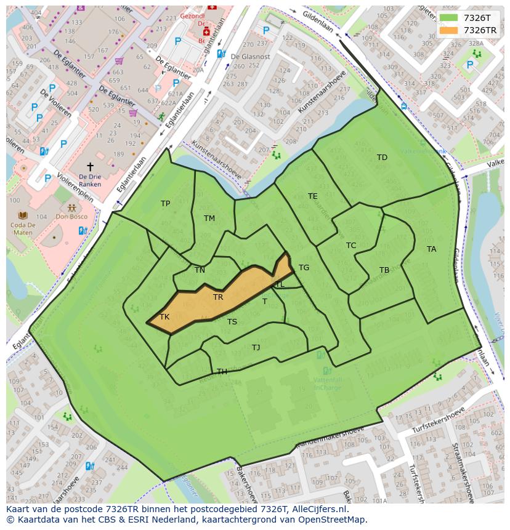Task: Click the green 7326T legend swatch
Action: click(449, 18)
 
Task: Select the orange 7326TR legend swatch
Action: click(449, 30)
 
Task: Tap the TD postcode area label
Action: click(382, 158)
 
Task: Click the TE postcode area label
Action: click(313, 196)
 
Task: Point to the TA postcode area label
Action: click(431, 249)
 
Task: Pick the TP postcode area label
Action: click(165, 204)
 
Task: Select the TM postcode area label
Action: click(209, 219)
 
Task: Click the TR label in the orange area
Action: click(218, 297)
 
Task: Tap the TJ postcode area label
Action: click(256, 348)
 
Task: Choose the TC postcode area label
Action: click(351, 246)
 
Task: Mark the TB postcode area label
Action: click(384, 270)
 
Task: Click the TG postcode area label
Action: click(304, 268)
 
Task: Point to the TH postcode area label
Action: click(222, 372)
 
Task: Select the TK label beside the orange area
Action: click(164, 317)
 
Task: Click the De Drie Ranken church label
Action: click(90, 180)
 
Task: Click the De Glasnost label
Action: click(250, 56)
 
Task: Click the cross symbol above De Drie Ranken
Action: click(90, 167)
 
